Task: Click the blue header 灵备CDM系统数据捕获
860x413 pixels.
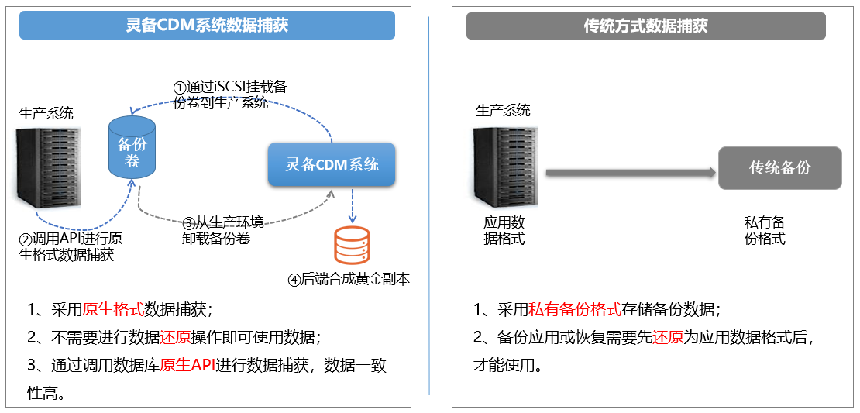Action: [207, 26]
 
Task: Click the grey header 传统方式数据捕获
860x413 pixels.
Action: [645, 26]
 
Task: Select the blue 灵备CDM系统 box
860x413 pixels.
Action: [332, 164]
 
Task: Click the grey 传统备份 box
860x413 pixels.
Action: [779, 168]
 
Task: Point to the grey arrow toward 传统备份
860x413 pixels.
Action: [629, 172]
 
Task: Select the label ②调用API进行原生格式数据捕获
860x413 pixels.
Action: [70, 246]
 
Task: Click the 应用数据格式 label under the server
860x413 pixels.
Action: [504, 231]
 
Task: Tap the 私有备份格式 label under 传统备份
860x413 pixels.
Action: [765, 231]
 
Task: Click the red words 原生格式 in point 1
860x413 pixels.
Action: [113, 310]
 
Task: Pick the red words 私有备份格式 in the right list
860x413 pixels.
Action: [575, 310]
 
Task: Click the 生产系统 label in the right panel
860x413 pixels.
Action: [504, 111]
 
